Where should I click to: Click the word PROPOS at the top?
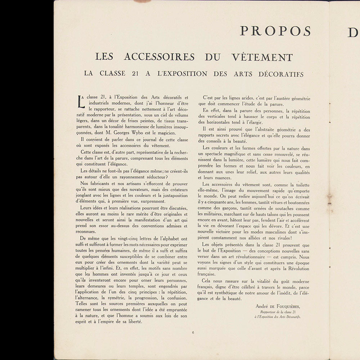click(x=275, y=31)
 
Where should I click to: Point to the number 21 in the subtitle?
click(x=136, y=74)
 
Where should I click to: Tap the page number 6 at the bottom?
click(x=193, y=332)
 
